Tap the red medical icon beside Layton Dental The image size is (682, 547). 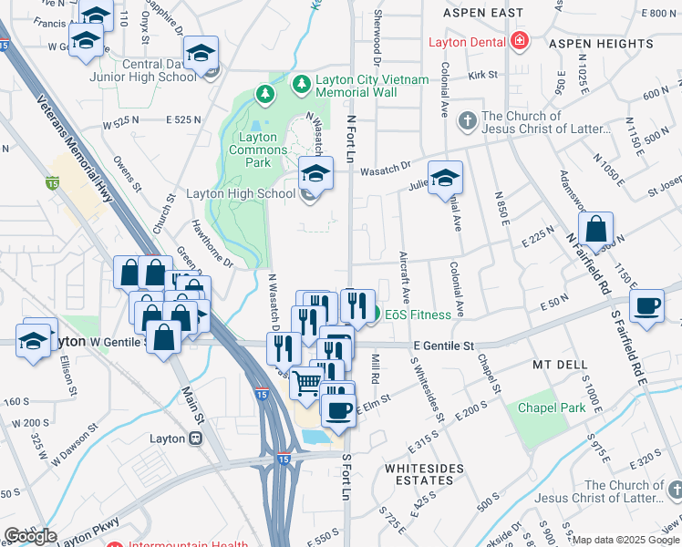tap(519, 41)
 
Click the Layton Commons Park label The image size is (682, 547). tap(251, 150)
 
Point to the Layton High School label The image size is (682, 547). tap(241, 193)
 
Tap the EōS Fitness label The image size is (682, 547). tap(418, 315)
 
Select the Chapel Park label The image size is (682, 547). tap(552, 408)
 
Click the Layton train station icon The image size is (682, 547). tap(195, 439)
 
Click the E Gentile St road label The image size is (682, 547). tap(444, 346)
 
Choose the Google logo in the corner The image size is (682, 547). tap(30, 535)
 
